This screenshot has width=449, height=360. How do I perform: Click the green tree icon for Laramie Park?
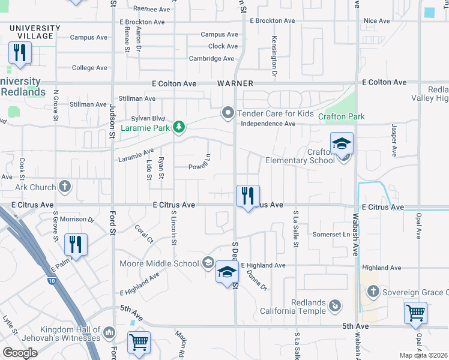point(178,127)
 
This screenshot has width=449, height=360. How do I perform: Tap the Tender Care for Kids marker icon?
point(228,113)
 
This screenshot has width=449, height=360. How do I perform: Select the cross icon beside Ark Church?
point(65,187)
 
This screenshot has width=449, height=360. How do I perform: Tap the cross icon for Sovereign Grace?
point(373,292)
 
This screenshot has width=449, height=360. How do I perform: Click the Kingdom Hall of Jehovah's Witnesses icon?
point(109,332)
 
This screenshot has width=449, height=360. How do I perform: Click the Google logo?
point(20,352)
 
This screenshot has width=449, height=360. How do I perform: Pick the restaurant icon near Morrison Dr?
point(76,244)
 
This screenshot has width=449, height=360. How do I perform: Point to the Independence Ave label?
point(268,124)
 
